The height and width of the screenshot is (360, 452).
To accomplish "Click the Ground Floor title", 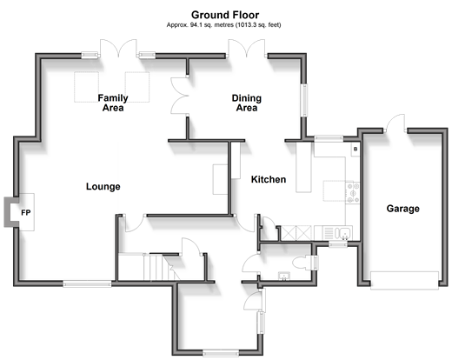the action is point(225,15).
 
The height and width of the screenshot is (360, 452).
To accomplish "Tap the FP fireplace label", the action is point(26,213).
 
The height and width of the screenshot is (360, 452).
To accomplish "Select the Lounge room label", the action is point(103,186).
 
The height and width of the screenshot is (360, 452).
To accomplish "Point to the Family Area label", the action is point(113,103).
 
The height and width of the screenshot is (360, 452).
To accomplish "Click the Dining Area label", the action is point(247,103).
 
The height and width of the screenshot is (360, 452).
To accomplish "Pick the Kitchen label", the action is point(269,179).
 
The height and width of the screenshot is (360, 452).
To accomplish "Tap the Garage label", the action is point(403,209).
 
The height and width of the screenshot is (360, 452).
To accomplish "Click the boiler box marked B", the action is point(356,150).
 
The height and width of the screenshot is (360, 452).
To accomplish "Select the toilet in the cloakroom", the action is point(302,263).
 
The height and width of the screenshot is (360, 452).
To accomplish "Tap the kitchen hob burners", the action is point(353,192).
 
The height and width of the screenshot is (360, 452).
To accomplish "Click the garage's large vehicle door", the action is point(404,280).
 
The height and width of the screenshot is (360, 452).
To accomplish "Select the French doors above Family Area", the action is point(118,48).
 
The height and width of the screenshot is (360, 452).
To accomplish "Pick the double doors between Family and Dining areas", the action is point(180,96).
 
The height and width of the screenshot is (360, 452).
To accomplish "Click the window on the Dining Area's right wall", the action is point(304,100).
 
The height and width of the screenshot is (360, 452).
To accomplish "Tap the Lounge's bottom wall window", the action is point(87,283).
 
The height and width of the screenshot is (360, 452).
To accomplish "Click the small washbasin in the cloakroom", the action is point(283,277).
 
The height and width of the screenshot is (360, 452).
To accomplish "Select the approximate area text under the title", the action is point(223,25).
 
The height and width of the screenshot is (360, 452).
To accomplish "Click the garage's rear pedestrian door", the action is point(395,123).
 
